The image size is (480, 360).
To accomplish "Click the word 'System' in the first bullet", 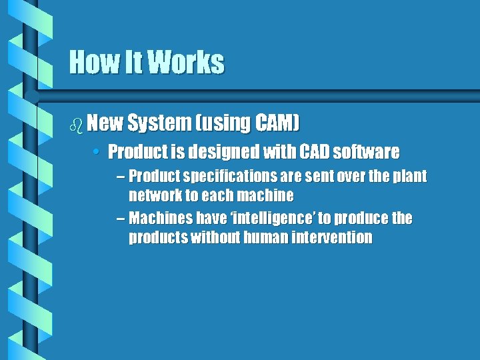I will tap(158, 123).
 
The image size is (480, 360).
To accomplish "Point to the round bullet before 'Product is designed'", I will tap(97, 152).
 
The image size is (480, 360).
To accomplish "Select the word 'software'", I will tap(366, 152).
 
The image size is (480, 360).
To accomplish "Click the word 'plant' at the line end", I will tap(409, 177).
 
